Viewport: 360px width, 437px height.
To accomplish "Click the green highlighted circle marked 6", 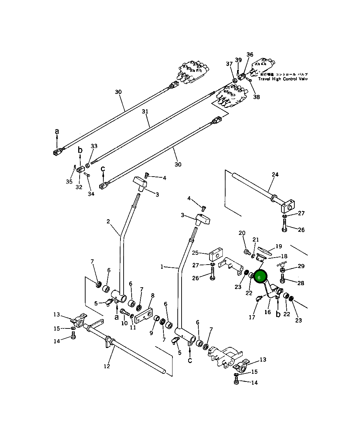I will click(259, 277).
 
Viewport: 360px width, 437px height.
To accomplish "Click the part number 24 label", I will click(275, 175).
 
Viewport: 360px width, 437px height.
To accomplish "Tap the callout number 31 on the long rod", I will click(145, 112).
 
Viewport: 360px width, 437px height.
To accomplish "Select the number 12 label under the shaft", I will click(107, 366).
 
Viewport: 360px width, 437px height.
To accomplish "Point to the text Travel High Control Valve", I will click(282, 79).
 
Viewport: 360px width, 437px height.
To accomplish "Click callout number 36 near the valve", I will click(250, 54).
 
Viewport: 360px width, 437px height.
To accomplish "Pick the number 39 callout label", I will click(238, 60).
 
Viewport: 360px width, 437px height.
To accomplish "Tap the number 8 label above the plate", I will click(153, 296).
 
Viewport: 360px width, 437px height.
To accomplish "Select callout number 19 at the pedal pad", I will click(279, 246).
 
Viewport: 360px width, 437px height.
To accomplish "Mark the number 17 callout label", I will click(252, 317).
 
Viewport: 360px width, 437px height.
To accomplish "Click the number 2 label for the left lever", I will click(108, 221).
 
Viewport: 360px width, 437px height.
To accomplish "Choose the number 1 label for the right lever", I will click(162, 267).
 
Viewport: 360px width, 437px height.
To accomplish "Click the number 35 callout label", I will click(69, 182).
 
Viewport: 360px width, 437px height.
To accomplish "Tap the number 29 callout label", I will click(301, 266).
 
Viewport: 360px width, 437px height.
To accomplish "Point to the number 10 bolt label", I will click(124, 323).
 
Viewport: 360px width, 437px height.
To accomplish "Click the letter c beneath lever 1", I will click(190, 360).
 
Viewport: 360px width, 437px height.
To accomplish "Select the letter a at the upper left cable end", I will click(57, 131).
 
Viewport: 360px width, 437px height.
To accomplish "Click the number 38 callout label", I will click(257, 97).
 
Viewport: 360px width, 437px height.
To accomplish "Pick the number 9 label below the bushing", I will click(151, 333).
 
